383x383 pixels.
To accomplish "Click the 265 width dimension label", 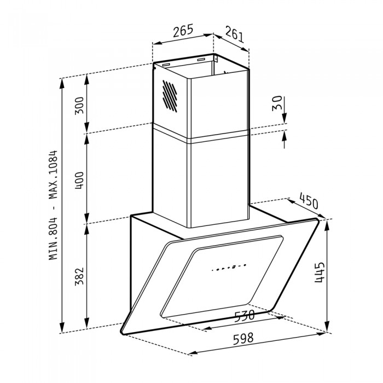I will (182, 31).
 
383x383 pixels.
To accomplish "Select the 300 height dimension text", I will (79, 105).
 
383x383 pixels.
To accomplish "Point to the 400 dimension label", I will (79, 180).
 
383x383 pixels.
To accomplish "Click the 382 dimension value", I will (79, 276).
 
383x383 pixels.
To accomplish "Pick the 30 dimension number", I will (277, 103).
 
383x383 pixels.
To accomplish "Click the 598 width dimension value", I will (244, 339).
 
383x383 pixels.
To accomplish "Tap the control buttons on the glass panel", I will (229, 268).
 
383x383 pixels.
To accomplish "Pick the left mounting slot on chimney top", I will (164, 65).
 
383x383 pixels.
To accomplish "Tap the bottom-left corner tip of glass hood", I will (123, 330).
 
